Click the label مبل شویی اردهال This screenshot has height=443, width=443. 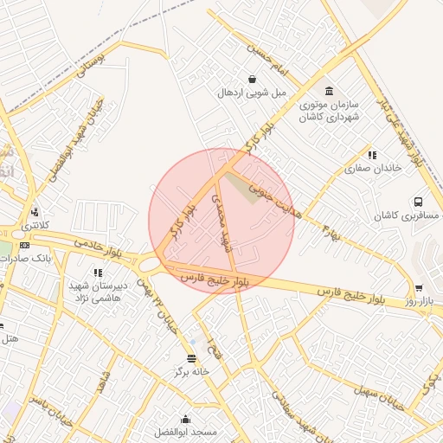coord(251,92)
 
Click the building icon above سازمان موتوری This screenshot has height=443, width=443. coord(329,91)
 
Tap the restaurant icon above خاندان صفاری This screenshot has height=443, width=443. coord(371,154)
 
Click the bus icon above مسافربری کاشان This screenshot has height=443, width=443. coord(418,201)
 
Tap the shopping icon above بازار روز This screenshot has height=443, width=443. coord(420,287)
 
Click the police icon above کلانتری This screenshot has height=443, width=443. coord(34,212)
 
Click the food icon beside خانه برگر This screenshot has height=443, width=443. coord(191,357)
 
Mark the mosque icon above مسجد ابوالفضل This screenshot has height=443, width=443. coord(184,417)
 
